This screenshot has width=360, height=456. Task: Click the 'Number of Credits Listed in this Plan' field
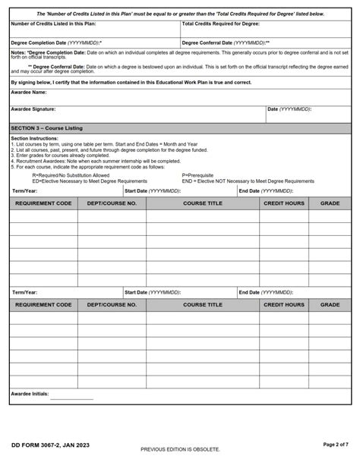[94, 31]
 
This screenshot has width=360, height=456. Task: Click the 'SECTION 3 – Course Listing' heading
[47, 127]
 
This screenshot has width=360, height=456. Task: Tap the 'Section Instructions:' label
[35, 139]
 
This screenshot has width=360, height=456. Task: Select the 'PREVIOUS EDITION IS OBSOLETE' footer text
[179, 449]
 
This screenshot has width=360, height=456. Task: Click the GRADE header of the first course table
[330, 203]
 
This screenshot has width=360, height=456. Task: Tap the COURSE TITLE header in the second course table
[203, 304]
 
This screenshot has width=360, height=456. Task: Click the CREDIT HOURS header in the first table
[283, 203]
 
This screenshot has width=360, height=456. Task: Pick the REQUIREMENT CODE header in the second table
[43, 304]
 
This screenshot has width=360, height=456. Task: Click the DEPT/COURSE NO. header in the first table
[112, 203]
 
